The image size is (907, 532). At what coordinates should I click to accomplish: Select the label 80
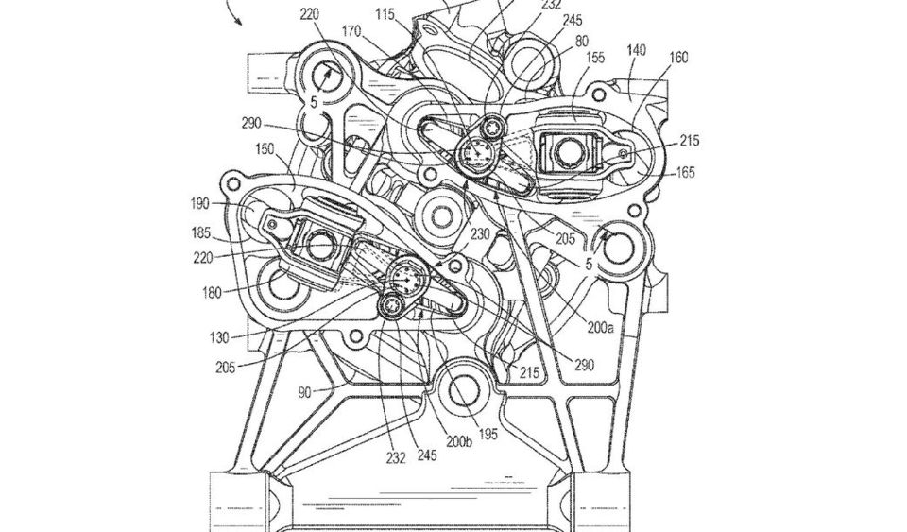coord(581,41)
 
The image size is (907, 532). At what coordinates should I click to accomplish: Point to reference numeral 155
coord(595,58)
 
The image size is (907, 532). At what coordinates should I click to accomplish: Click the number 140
coord(636,50)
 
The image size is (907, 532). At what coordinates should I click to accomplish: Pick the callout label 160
coord(678,58)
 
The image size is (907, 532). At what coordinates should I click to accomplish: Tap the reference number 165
coord(685,172)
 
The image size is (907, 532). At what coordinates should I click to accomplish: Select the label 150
coord(265,149)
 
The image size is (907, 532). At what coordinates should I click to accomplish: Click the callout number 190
coord(199,203)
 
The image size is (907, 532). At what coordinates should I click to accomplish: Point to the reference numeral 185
coord(202,233)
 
